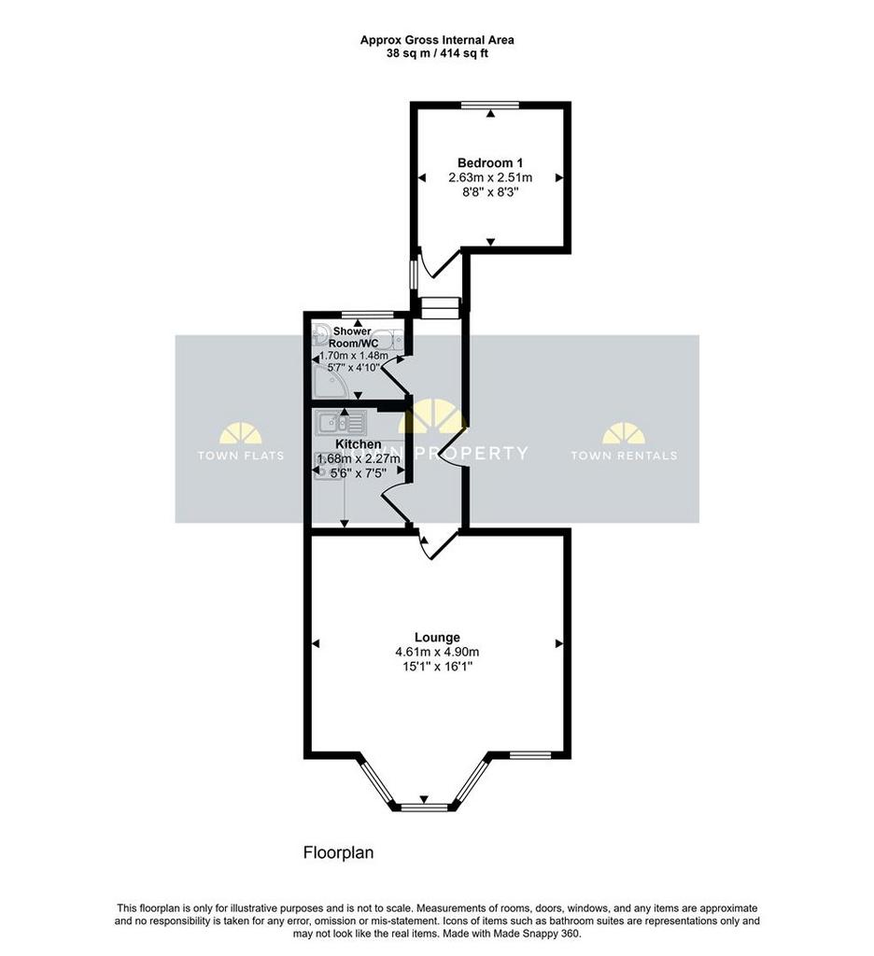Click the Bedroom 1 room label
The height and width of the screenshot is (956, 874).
coord(489,162)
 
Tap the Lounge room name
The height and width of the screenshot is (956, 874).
coord(437,638)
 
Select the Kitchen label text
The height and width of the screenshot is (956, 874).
coord(359,444)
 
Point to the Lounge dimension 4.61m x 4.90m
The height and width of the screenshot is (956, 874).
coord(437,653)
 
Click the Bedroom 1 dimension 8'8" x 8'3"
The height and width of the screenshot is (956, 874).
coord(490,192)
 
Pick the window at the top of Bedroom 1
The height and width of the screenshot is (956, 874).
coord(490,105)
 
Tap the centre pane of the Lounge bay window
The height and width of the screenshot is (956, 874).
coord(425,808)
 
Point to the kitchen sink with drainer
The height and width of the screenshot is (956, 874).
coord(340,422)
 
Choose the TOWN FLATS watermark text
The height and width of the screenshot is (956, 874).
coord(240,456)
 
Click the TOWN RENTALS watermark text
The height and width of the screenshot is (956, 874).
coord(624,456)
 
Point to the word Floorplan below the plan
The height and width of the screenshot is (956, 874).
coord(338,851)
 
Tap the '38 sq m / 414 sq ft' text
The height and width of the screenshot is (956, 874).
coord(437,53)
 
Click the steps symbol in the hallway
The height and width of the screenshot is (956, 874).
coord(441,308)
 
